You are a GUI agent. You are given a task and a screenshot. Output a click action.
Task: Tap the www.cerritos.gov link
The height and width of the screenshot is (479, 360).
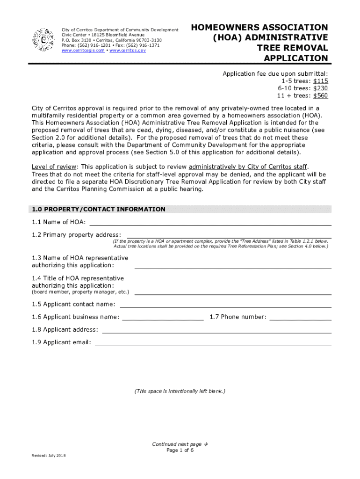[128, 51]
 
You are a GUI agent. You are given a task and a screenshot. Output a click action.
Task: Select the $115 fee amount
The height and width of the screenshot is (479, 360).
[321, 81]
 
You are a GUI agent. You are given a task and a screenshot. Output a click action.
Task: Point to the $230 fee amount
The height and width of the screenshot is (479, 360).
[321, 88]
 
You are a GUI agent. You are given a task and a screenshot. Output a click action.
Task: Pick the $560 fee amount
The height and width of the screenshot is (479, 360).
[321, 95]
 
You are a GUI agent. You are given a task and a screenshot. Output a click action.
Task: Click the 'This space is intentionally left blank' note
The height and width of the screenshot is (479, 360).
[180, 391]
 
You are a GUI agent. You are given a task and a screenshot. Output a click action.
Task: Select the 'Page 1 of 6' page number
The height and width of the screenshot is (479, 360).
[180, 450]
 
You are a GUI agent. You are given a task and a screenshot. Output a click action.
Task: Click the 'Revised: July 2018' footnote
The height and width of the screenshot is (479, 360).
[49, 456]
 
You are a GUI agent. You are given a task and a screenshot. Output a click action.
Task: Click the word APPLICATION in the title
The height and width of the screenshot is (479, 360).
[296, 58]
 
